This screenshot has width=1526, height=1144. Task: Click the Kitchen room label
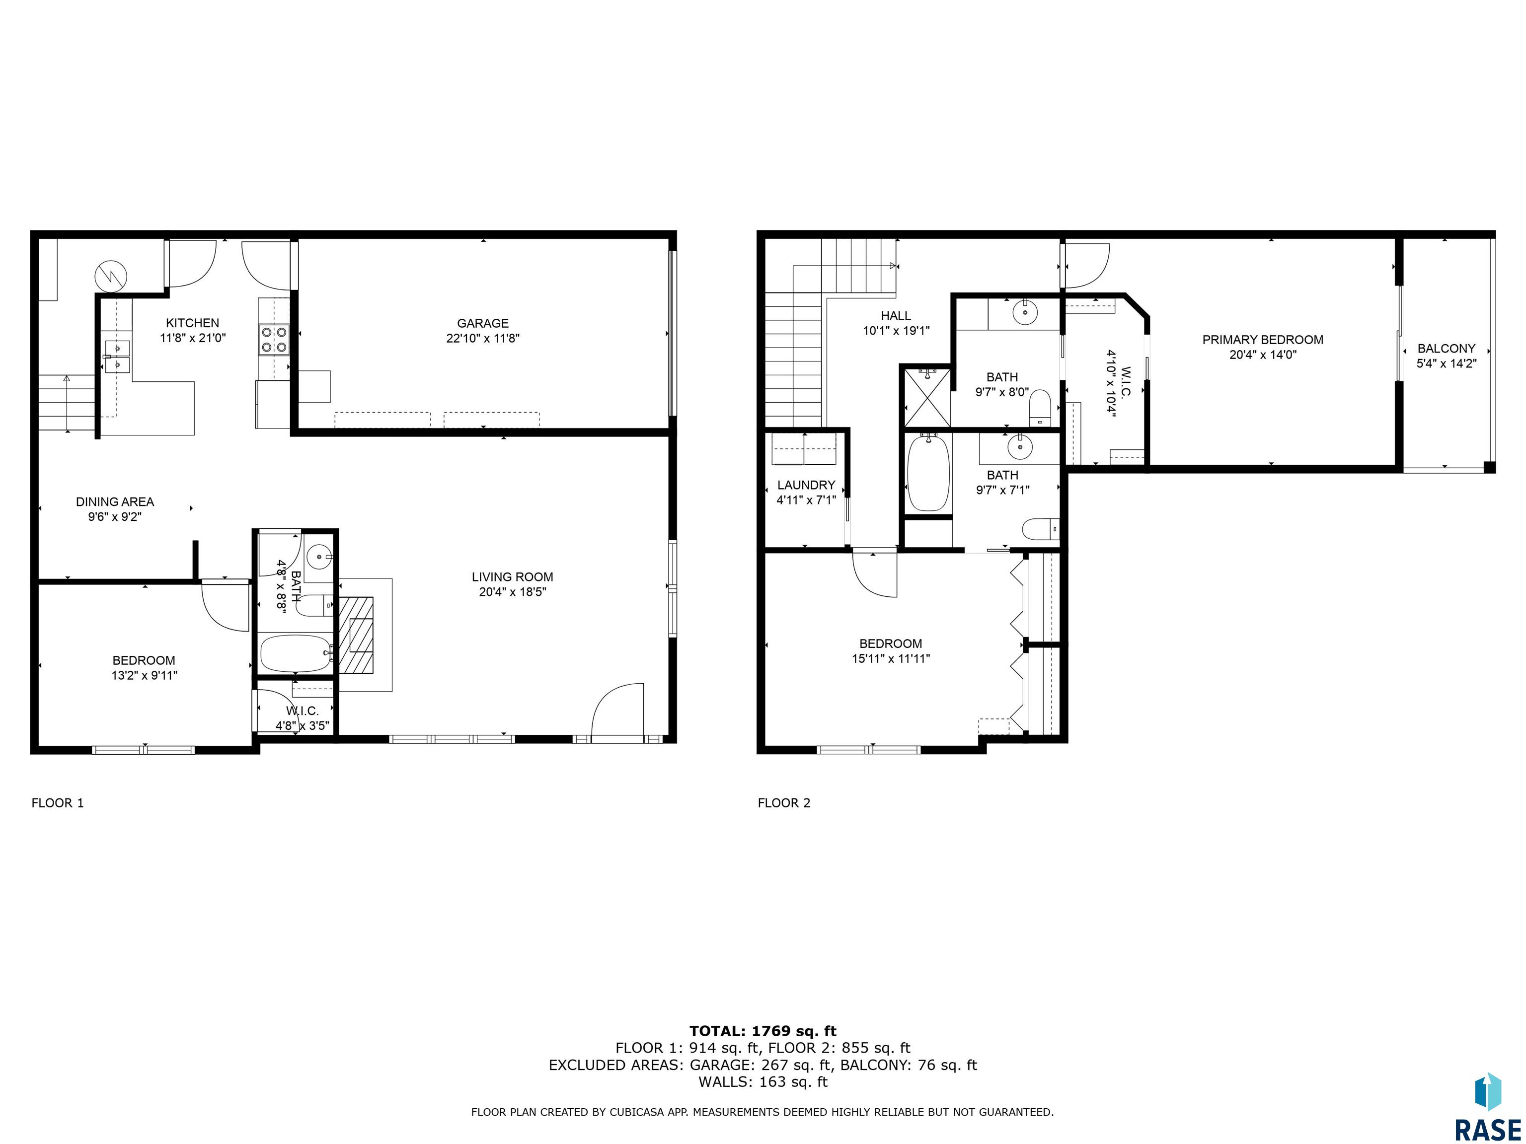(192, 323)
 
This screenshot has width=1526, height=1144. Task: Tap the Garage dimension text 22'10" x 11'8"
(483, 339)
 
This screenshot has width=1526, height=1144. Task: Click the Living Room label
(513, 577)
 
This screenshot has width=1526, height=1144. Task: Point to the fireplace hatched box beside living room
(356, 635)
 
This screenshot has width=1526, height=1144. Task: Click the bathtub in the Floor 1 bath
(297, 653)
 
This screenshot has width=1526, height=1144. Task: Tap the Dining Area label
(115, 502)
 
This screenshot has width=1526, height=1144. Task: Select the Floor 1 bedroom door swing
(224, 605)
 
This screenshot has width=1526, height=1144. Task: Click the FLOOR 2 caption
(784, 803)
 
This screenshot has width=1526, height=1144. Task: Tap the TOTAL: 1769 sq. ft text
(763, 1031)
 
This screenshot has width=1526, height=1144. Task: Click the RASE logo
(1488, 1107)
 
